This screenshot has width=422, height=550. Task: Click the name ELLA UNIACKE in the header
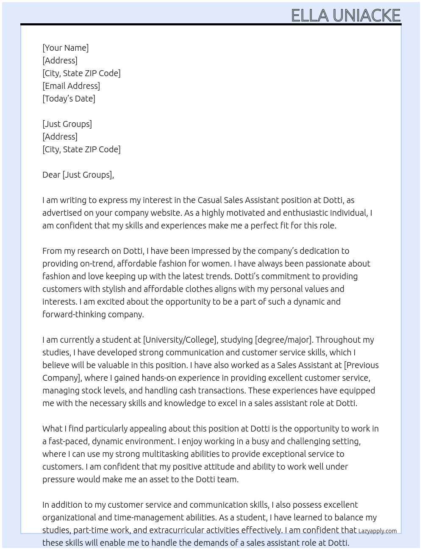(345, 16)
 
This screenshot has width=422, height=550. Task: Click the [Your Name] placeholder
(65, 48)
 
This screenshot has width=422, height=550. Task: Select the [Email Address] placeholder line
(71, 86)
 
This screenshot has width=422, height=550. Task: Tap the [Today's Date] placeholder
(69, 99)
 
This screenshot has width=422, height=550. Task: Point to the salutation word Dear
(51, 175)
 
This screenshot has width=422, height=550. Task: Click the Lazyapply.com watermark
(378, 531)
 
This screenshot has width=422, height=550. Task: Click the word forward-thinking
(70, 314)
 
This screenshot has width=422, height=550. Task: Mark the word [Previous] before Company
(361, 365)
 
